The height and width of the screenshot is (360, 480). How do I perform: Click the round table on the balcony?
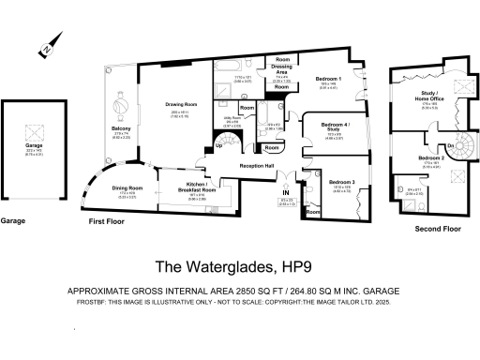coord(120,99)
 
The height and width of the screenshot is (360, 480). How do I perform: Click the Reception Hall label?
coord(255,165)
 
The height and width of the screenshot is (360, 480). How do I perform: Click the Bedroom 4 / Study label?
coord(336,127)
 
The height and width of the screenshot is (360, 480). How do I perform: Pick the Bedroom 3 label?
coord(340,181)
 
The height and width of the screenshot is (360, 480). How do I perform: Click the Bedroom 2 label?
coord(429,158)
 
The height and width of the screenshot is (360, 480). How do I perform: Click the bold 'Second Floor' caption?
coord(438,229)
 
